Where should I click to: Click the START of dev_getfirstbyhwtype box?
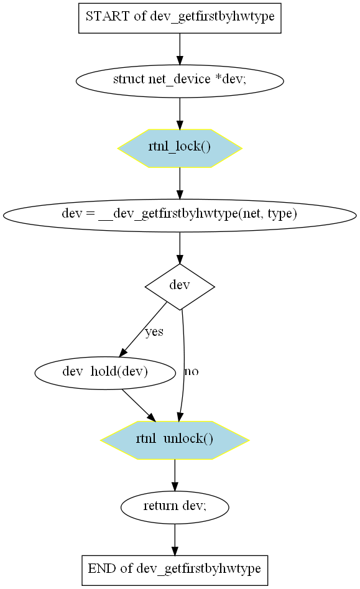(180, 18)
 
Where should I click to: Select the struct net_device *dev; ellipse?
(180, 81)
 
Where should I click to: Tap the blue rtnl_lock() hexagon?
(180, 148)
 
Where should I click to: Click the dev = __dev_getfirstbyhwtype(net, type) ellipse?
(180, 215)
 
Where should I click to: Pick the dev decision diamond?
(180, 287)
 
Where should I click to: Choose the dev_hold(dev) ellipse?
(105, 373)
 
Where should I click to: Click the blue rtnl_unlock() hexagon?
(175, 440)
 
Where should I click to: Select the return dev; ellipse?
(175, 507)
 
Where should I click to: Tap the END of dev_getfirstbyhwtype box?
(175, 570)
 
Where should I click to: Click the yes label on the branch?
(154, 332)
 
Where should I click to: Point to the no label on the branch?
(191, 371)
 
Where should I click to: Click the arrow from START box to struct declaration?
(180, 49)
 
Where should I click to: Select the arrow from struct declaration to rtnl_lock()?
(180, 113)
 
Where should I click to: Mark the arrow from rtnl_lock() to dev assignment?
(180, 183)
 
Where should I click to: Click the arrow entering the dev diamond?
(180, 248)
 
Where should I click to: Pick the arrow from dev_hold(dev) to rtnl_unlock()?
(139, 405)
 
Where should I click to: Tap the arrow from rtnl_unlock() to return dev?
(175, 475)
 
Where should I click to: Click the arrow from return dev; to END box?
(175, 539)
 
